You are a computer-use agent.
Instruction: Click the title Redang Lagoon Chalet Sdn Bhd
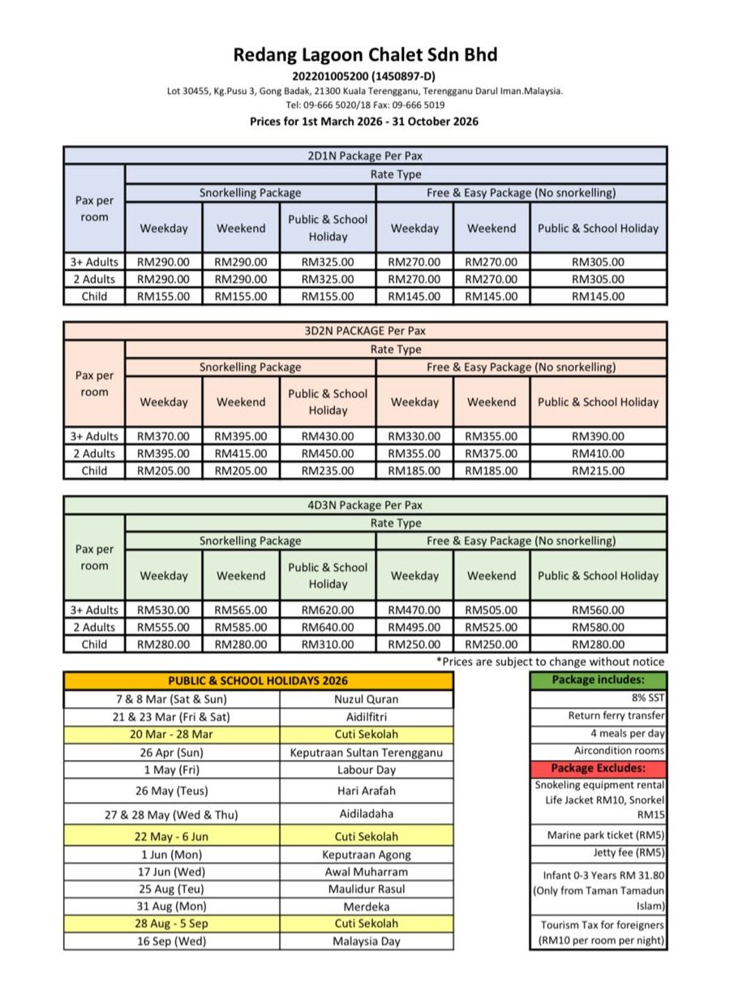pyautogui.click(x=366, y=55)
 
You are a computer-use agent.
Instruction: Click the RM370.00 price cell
pyautogui.click(x=163, y=436)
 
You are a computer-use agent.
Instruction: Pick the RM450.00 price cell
pyautogui.click(x=328, y=453)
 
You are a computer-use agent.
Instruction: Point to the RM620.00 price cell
pyautogui.click(x=328, y=610)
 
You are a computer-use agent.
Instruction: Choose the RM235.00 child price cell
pyautogui.click(x=328, y=470)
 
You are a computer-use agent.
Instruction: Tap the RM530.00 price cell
pyautogui.click(x=163, y=610)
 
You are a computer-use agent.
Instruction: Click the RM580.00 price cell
pyautogui.click(x=598, y=627)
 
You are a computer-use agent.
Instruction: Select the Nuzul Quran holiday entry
pyautogui.click(x=366, y=699)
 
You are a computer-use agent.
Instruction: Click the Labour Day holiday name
pyautogui.click(x=366, y=770)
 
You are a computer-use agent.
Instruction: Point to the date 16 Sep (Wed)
pyautogui.click(x=171, y=942)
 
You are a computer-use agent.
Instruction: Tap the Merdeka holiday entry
pyautogui.click(x=366, y=907)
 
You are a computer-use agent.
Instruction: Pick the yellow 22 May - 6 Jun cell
pyautogui.click(x=171, y=836)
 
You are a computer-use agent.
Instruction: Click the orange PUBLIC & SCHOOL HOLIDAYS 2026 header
pyautogui.click(x=258, y=681)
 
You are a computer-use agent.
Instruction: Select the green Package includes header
pyautogui.click(x=598, y=680)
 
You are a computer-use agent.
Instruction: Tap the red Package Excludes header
pyautogui.click(x=598, y=768)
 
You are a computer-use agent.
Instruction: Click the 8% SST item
pyautogui.click(x=648, y=697)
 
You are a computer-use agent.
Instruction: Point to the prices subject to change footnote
pyautogui.click(x=551, y=662)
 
